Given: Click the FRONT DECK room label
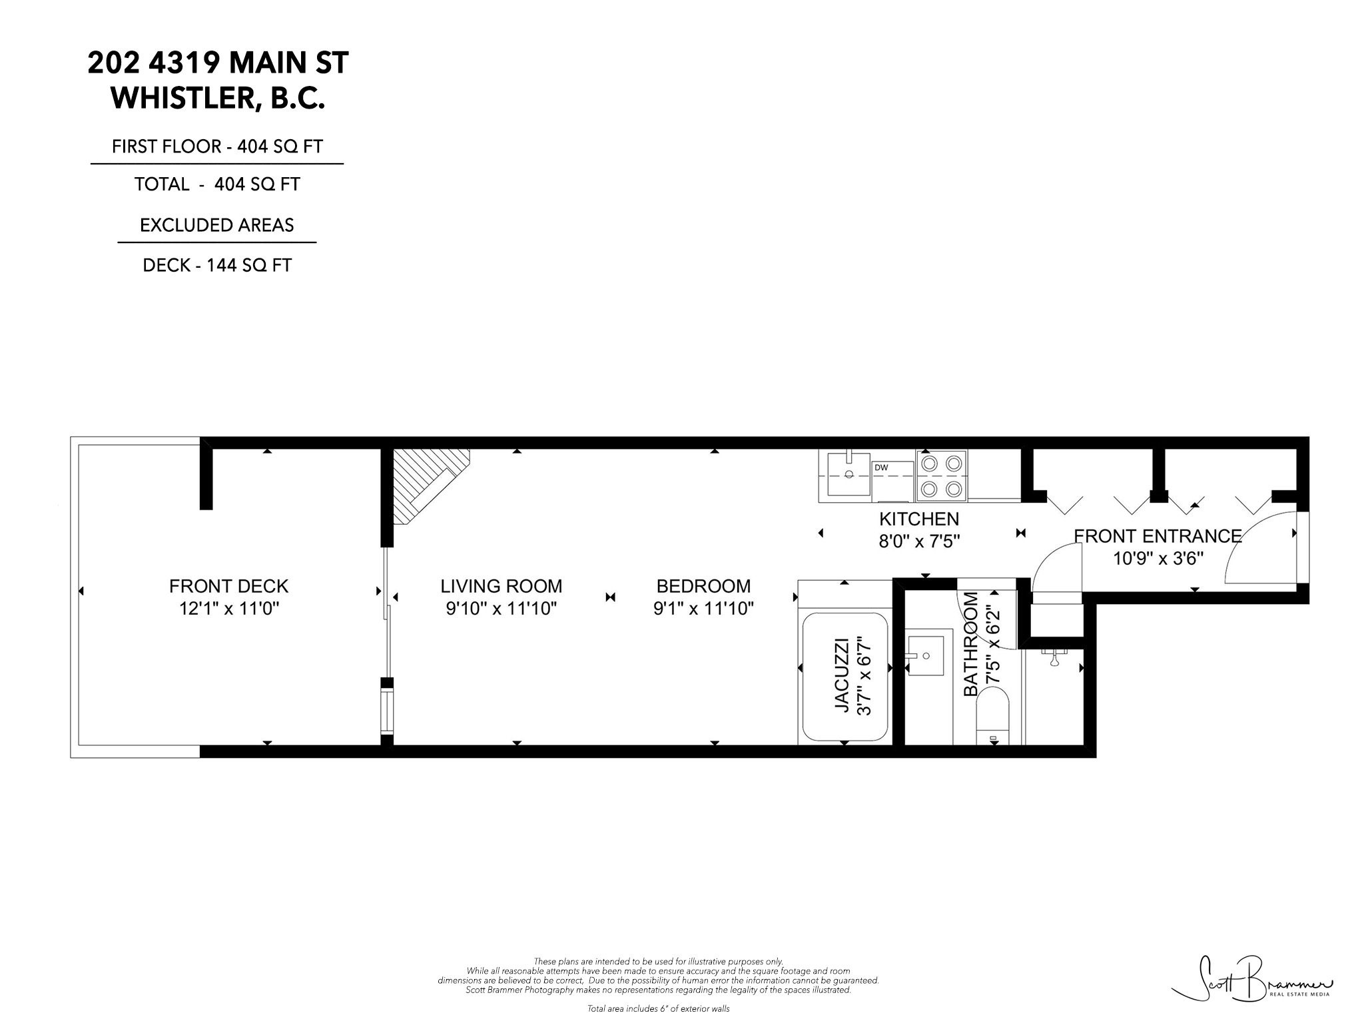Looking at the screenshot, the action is click(228, 586).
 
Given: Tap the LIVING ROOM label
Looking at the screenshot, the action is click(501, 586).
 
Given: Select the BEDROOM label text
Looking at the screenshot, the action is click(703, 586).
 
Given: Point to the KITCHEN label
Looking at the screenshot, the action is click(919, 519).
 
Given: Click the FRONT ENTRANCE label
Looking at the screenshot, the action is click(1158, 536).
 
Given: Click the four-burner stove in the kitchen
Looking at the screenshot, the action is click(942, 476).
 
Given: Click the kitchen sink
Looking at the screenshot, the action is click(849, 474).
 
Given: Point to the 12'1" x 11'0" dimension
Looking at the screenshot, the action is click(228, 609).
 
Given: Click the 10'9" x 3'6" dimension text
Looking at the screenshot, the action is click(1158, 558).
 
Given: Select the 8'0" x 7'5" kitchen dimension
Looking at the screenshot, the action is click(919, 541).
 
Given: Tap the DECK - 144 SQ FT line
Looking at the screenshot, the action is click(217, 265).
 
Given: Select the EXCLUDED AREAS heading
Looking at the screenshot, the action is click(217, 225).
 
